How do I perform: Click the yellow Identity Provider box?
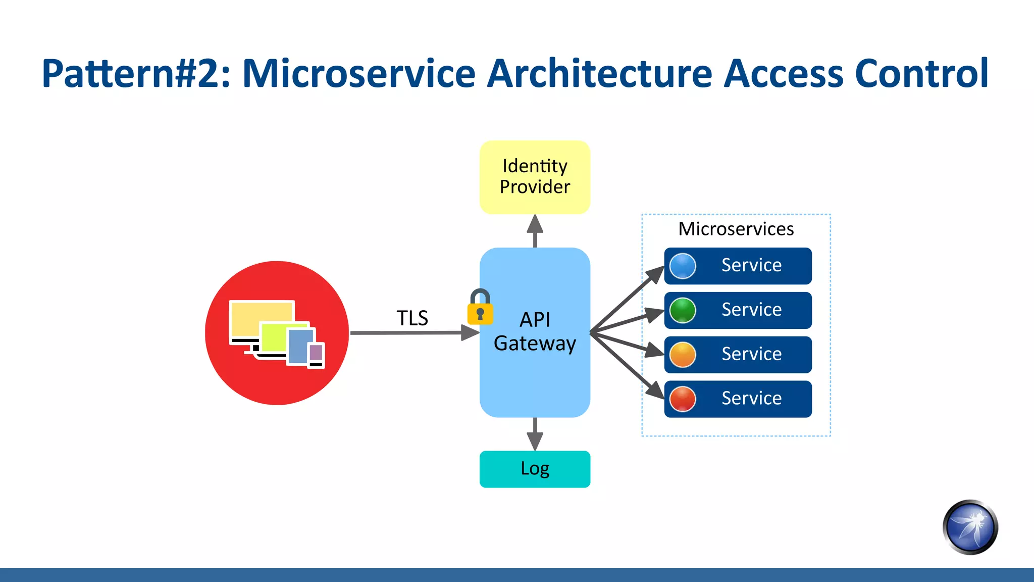coord(535,177)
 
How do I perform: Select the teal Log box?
coord(535,469)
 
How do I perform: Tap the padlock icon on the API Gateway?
coord(480,308)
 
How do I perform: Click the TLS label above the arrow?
coord(412,318)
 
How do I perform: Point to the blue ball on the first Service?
coord(683,266)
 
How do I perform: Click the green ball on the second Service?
coord(683,310)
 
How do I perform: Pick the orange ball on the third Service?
coord(683,355)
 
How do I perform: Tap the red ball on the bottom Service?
coord(683,399)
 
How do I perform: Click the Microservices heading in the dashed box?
coord(736,229)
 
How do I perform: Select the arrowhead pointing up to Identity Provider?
coord(535,225)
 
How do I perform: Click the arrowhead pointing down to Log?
coord(535,441)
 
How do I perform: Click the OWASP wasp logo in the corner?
coord(970,527)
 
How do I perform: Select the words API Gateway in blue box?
coord(535,331)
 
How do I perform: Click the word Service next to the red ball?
coord(751,399)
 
